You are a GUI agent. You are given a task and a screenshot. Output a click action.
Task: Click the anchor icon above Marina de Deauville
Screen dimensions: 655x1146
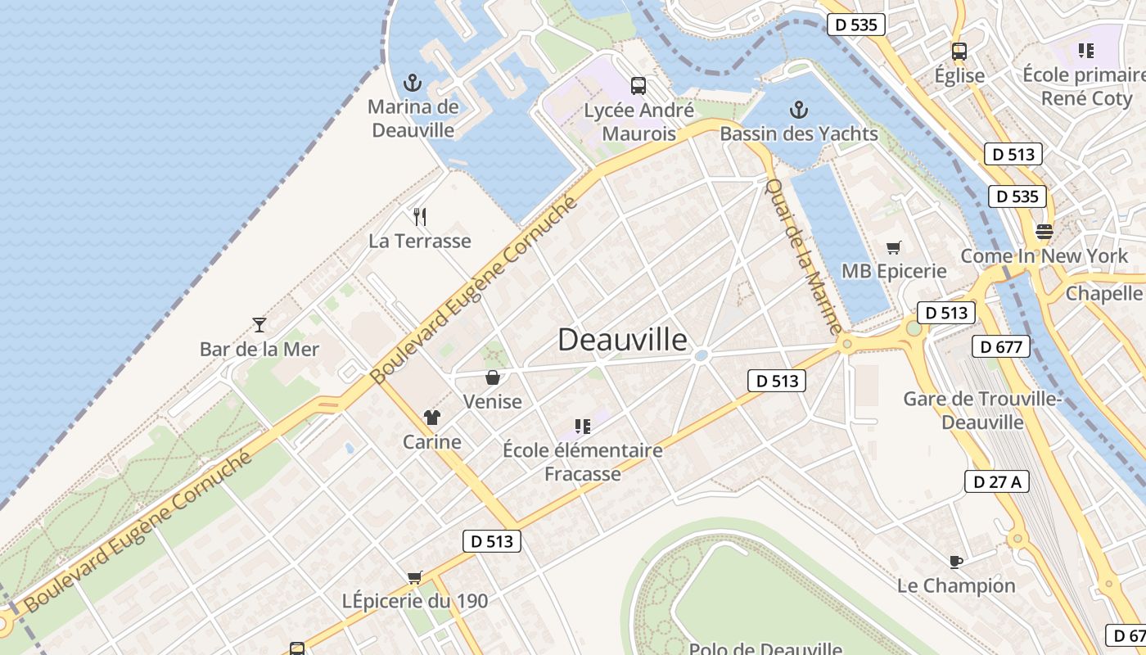click(413, 83)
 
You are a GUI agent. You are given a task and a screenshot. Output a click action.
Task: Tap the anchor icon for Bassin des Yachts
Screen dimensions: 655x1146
click(798, 110)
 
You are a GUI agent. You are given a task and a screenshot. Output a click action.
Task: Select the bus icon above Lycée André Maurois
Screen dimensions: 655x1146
click(638, 85)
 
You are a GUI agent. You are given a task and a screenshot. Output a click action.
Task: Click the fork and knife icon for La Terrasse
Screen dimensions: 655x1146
click(420, 217)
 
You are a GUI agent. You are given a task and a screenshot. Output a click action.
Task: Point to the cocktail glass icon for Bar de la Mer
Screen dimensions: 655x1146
click(259, 325)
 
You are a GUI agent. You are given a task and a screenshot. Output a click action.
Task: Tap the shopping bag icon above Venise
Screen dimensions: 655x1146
click(493, 377)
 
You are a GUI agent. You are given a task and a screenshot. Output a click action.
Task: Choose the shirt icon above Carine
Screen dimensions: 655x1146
click(432, 418)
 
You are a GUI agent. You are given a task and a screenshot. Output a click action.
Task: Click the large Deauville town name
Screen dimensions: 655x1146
click(622, 340)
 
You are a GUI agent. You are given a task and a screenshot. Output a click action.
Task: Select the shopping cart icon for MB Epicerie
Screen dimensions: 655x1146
click(894, 247)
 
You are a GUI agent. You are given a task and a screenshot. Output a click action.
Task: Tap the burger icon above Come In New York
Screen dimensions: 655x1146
click(1044, 231)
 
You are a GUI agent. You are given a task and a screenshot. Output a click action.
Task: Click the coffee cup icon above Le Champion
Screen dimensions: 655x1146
click(955, 562)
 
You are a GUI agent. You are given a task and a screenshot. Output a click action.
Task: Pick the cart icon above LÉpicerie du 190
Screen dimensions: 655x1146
click(415, 577)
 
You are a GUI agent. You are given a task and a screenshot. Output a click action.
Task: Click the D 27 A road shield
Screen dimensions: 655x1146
click(996, 481)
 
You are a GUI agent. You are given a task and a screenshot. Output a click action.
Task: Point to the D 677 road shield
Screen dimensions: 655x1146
click(1001, 347)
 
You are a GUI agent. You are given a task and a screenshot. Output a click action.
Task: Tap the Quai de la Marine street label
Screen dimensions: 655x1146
click(801, 256)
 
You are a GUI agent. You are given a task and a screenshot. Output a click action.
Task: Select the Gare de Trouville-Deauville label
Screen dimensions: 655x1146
click(981, 410)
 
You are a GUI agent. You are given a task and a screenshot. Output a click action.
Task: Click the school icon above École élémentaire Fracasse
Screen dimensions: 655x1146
click(583, 426)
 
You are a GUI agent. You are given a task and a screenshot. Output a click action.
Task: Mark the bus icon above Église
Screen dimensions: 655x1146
click(959, 51)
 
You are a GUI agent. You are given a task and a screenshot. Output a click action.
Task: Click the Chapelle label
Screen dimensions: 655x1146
click(1104, 293)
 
